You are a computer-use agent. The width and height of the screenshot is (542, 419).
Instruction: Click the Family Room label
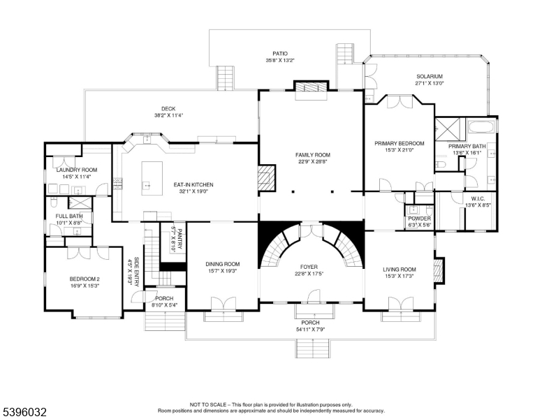312,155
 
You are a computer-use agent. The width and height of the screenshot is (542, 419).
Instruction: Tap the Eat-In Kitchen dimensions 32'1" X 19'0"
193,191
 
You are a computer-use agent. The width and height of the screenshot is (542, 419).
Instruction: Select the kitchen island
152,178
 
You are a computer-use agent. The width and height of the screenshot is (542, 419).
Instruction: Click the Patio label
280,54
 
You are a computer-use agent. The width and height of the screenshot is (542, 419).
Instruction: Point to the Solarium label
430,76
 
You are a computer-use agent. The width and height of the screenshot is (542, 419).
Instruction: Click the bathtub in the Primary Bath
481,126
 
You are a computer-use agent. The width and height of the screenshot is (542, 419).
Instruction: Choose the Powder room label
419,219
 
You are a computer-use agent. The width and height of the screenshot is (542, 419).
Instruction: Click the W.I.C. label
478,199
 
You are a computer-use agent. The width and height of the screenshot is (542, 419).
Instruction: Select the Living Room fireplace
439,271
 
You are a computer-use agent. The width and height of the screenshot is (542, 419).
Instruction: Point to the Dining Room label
223,264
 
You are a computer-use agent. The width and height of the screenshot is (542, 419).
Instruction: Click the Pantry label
180,238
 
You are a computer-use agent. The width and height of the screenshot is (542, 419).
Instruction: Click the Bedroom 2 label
85,279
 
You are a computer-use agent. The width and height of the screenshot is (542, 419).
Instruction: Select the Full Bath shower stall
80,203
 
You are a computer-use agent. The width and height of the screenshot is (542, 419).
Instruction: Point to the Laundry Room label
77,170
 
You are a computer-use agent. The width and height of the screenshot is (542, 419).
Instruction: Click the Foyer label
309,267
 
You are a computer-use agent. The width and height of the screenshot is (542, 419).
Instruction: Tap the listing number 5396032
24,412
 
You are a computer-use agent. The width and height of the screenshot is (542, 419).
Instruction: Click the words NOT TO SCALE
207,404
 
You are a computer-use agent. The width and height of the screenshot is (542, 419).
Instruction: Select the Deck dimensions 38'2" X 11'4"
168,115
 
